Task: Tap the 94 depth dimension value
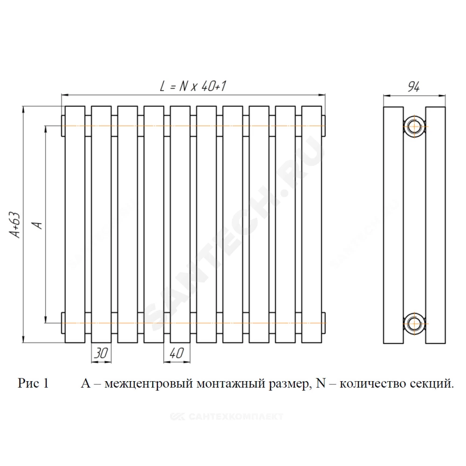[414, 87]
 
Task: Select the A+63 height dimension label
[15, 225]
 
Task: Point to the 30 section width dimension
[101, 353]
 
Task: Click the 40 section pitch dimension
[177, 353]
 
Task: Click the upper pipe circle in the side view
[414, 127]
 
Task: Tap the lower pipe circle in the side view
[414, 323]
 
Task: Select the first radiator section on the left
[75, 225]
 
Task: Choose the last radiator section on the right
[312, 225]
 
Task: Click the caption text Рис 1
[33, 383]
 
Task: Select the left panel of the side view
[393, 225]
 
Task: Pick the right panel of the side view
[435, 225]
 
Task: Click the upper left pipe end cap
[63, 126]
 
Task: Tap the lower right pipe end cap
[324, 323]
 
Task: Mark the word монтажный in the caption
[231, 384]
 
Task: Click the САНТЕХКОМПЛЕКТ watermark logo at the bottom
[227, 416]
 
